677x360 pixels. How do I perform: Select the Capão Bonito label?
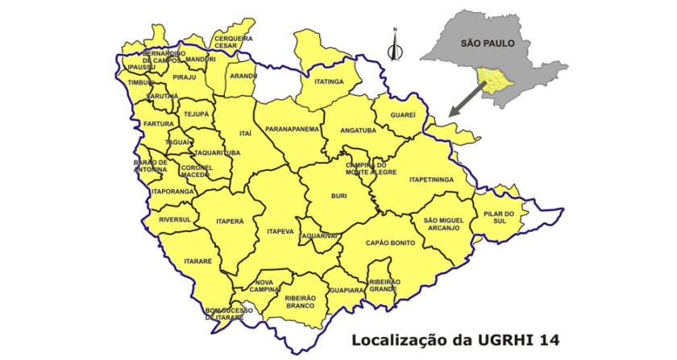pyautogui.click(x=390, y=242)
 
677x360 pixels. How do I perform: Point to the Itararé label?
pyautogui.click(x=197, y=262)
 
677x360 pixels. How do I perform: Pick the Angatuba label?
pyautogui.click(x=359, y=130)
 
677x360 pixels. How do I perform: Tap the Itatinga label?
pyautogui.click(x=329, y=81)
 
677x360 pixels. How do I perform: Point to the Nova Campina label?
pyautogui.click(x=264, y=287)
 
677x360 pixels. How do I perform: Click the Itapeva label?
pyautogui.click(x=280, y=232)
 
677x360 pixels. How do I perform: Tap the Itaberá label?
pyautogui.click(x=230, y=220)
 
